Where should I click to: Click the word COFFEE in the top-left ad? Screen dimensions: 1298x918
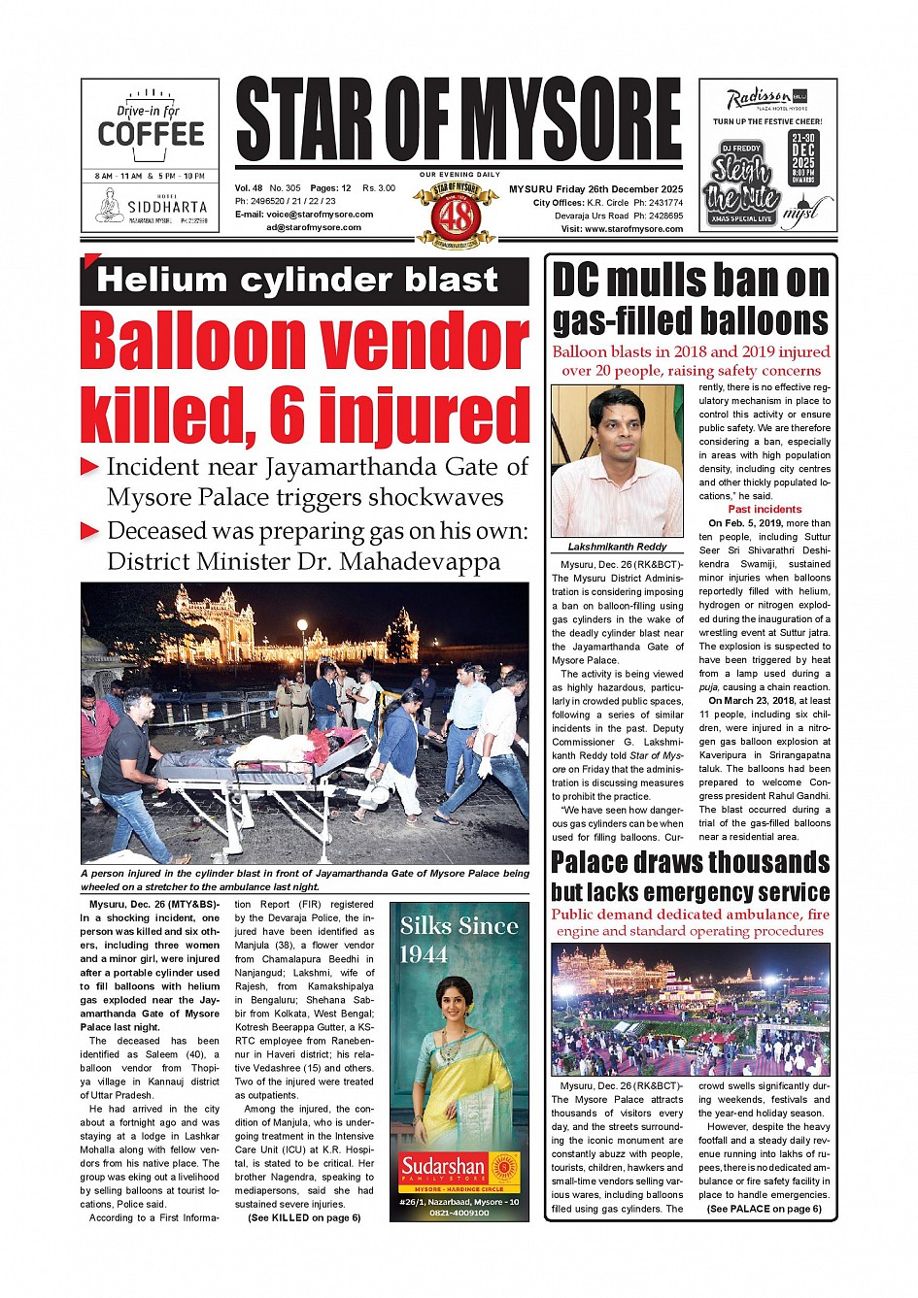pyautogui.click(x=151, y=134)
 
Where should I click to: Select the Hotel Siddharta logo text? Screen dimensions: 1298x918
pyautogui.click(x=166, y=207)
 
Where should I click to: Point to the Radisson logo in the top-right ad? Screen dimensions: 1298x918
pyautogui.click(x=759, y=98)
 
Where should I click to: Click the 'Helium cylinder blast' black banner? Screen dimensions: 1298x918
pyautogui.click(x=305, y=282)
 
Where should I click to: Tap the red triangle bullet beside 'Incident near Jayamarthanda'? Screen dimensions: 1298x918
pyautogui.click(x=89, y=467)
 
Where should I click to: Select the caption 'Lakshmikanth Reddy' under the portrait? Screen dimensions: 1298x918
pyautogui.click(x=617, y=547)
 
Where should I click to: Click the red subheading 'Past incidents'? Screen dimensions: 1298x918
pyautogui.click(x=765, y=509)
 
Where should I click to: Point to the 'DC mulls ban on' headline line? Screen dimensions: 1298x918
pyautogui.click(x=691, y=281)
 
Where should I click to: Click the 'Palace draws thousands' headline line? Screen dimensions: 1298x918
pyautogui.click(x=691, y=862)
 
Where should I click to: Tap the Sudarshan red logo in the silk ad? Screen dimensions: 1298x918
pyautogui.click(x=443, y=1166)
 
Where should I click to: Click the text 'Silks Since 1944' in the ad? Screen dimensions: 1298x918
pyautogui.click(x=459, y=939)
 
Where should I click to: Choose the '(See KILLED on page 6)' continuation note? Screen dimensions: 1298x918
pyautogui.click(x=304, y=1217)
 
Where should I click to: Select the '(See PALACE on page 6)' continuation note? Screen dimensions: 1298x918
pyautogui.click(x=764, y=1209)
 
